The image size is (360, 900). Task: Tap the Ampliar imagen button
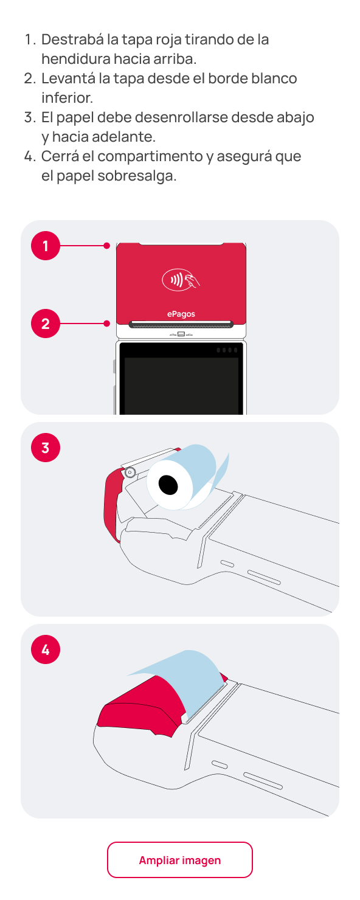(179, 860)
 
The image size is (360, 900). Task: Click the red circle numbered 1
(46, 246)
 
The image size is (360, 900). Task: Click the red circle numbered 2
(46, 324)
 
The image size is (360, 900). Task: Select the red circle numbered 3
(46, 448)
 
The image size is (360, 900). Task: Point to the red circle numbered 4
(46, 649)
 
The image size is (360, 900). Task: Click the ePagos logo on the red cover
(181, 314)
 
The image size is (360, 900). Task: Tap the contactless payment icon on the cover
(181, 280)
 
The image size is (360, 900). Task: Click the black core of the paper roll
(168, 485)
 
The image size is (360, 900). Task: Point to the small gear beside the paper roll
(130, 473)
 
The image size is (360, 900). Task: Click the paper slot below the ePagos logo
(181, 324)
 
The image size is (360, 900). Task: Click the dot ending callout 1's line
(106, 246)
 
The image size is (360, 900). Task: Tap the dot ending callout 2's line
(106, 324)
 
